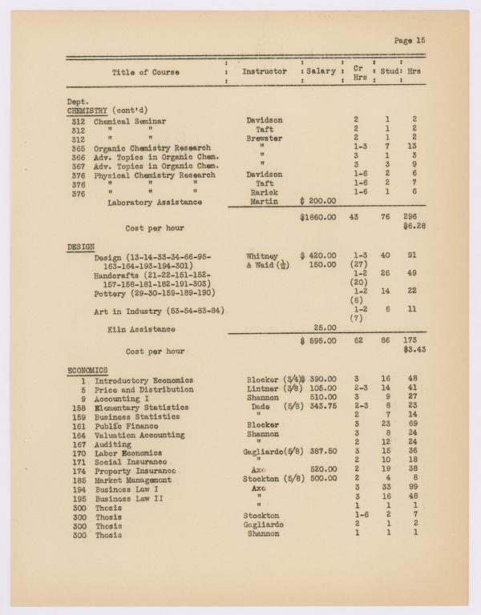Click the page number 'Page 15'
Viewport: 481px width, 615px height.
[x=410, y=39]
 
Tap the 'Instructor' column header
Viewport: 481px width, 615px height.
[x=264, y=72]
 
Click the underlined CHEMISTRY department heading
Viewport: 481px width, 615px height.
[x=88, y=111]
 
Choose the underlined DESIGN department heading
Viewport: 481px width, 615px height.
[x=81, y=247]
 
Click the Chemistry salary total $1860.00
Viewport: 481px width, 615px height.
[x=317, y=217]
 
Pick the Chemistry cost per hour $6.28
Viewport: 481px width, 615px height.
[x=414, y=227]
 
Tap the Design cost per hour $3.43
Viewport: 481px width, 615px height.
[x=414, y=351]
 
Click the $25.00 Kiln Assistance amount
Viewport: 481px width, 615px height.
[x=325, y=328]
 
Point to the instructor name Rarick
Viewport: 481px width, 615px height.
[x=264, y=193]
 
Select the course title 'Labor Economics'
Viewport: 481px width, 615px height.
[x=129, y=452]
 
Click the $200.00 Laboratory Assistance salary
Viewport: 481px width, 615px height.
[x=317, y=203]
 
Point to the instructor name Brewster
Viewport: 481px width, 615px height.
[x=264, y=139]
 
